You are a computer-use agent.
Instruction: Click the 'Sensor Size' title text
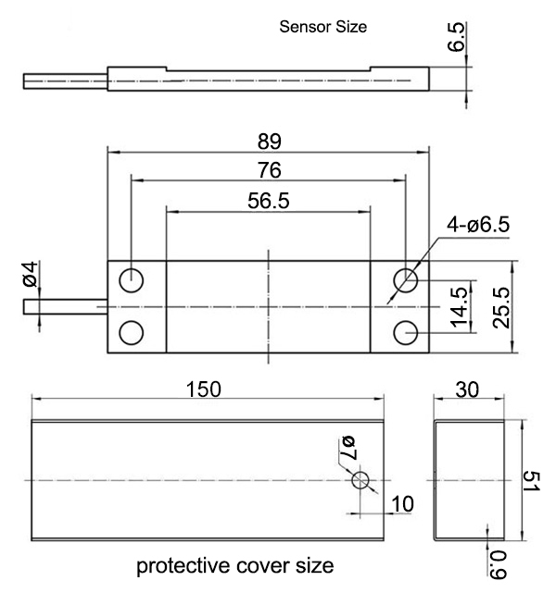click(323, 28)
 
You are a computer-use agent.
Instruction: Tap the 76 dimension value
click(269, 171)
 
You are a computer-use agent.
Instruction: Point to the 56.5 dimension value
click(269, 202)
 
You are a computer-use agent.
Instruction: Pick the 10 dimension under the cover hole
click(403, 504)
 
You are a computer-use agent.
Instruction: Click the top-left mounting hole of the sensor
click(132, 278)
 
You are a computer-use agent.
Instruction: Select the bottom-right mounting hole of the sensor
click(404, 331)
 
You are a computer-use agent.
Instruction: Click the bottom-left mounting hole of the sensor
click(132, 331)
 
